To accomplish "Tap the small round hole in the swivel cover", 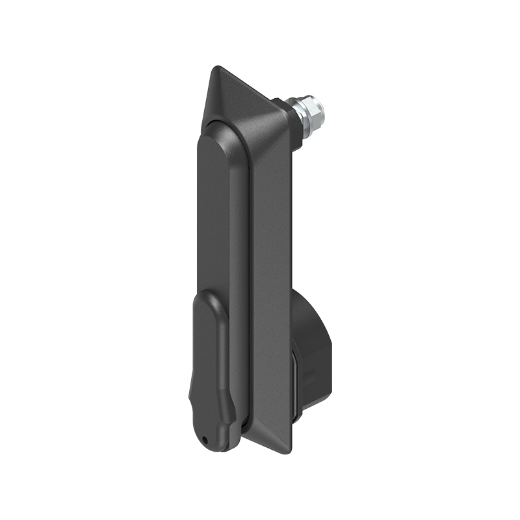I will [207, 441].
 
